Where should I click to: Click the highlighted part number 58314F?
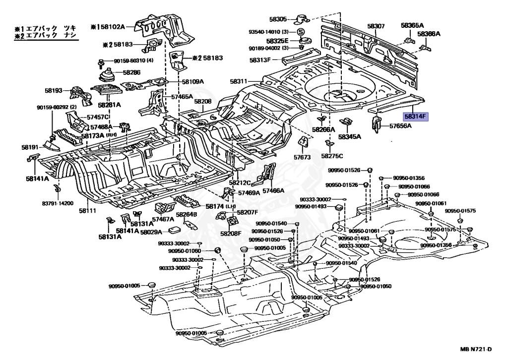[x=416, y=116]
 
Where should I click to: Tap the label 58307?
[x=376, y=26]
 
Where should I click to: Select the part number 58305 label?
[x=278, y=19]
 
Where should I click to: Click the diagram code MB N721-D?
[x=476, y=349]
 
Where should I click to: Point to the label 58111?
[x=87, y=211]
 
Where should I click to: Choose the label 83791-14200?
[x=58, y=203]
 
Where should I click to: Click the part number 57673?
[x=302, y=157]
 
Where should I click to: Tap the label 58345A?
[x=350, y=137]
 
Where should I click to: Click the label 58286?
[x=132, y=72]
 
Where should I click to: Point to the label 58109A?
[x=193, y=82]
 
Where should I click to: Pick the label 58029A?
[x=151, y=232]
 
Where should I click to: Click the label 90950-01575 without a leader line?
[x=460, y=211]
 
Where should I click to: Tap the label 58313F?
[x=260, y=60]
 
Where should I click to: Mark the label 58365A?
[x=412, y=25]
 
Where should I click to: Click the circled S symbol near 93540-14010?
[x=301, y=32]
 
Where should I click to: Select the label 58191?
[x=30, y=147]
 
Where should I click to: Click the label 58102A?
[x=112, y=27]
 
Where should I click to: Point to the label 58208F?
[x=231, y=234]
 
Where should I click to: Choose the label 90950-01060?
[x=185, y=251]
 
